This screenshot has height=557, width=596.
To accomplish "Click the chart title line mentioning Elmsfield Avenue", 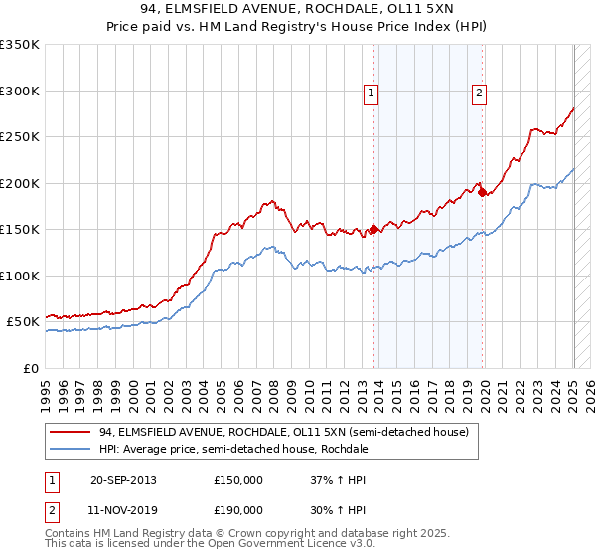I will (297, 10).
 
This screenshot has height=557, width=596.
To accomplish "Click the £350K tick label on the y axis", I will (20, 45).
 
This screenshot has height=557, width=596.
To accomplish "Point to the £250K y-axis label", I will (20, 137).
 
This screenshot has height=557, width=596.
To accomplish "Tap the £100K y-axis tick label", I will (20, 276).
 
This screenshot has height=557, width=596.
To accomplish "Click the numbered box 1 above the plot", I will (371, 93).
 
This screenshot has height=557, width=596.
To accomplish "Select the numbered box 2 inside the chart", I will (479, 93).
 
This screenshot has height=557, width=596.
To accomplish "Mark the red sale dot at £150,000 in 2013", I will (374, 230).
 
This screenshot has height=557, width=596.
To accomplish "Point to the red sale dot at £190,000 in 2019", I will (482, 193).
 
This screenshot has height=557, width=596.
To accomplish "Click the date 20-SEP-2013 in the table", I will (123, 480).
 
